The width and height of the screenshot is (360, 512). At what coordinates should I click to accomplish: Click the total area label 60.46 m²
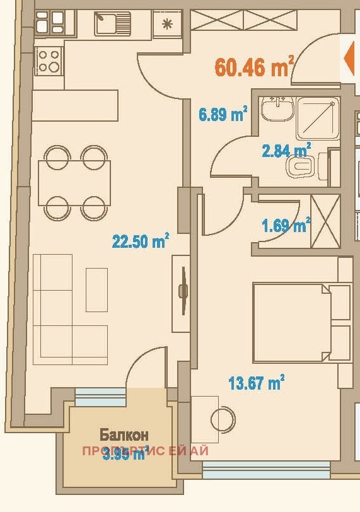coord(254,67)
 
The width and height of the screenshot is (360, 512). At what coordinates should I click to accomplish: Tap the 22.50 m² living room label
coord(140,241)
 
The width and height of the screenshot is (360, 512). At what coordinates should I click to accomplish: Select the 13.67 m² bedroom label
coord(256,383)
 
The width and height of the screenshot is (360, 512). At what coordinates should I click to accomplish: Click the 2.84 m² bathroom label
coord(286,151)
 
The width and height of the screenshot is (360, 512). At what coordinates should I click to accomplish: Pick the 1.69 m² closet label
coord(286,224)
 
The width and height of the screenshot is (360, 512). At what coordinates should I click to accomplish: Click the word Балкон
coord(124,434)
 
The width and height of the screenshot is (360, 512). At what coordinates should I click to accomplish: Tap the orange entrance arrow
coord(349,59)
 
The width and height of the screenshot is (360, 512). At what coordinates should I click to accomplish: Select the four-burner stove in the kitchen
coord(49,61)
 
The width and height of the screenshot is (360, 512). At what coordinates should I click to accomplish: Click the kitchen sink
coord(113,24)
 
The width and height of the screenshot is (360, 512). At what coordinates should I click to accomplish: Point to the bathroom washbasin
coord(277,110)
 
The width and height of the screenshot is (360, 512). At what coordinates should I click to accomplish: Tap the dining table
coord(74,182)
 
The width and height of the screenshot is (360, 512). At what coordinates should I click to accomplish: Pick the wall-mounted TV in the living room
coord(183,291)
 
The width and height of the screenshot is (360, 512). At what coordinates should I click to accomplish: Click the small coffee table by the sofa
coord(96,289)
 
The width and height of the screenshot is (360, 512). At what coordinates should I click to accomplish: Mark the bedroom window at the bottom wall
coord(265,468)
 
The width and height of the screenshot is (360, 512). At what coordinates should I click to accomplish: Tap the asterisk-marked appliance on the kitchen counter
coord(168,24)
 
